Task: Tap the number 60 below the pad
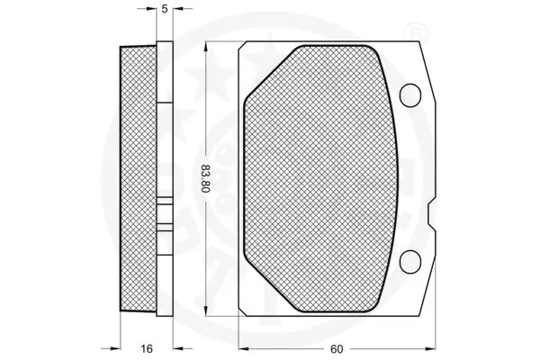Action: tap(334, 347)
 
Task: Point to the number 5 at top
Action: tap(164, 11)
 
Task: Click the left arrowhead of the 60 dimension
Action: tap(242, 347)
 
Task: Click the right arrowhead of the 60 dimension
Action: tap(431, 347)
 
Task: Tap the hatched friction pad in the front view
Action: tap(319, 180)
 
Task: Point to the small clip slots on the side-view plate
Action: tap(165, 216)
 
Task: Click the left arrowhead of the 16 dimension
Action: tap(116, 347)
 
